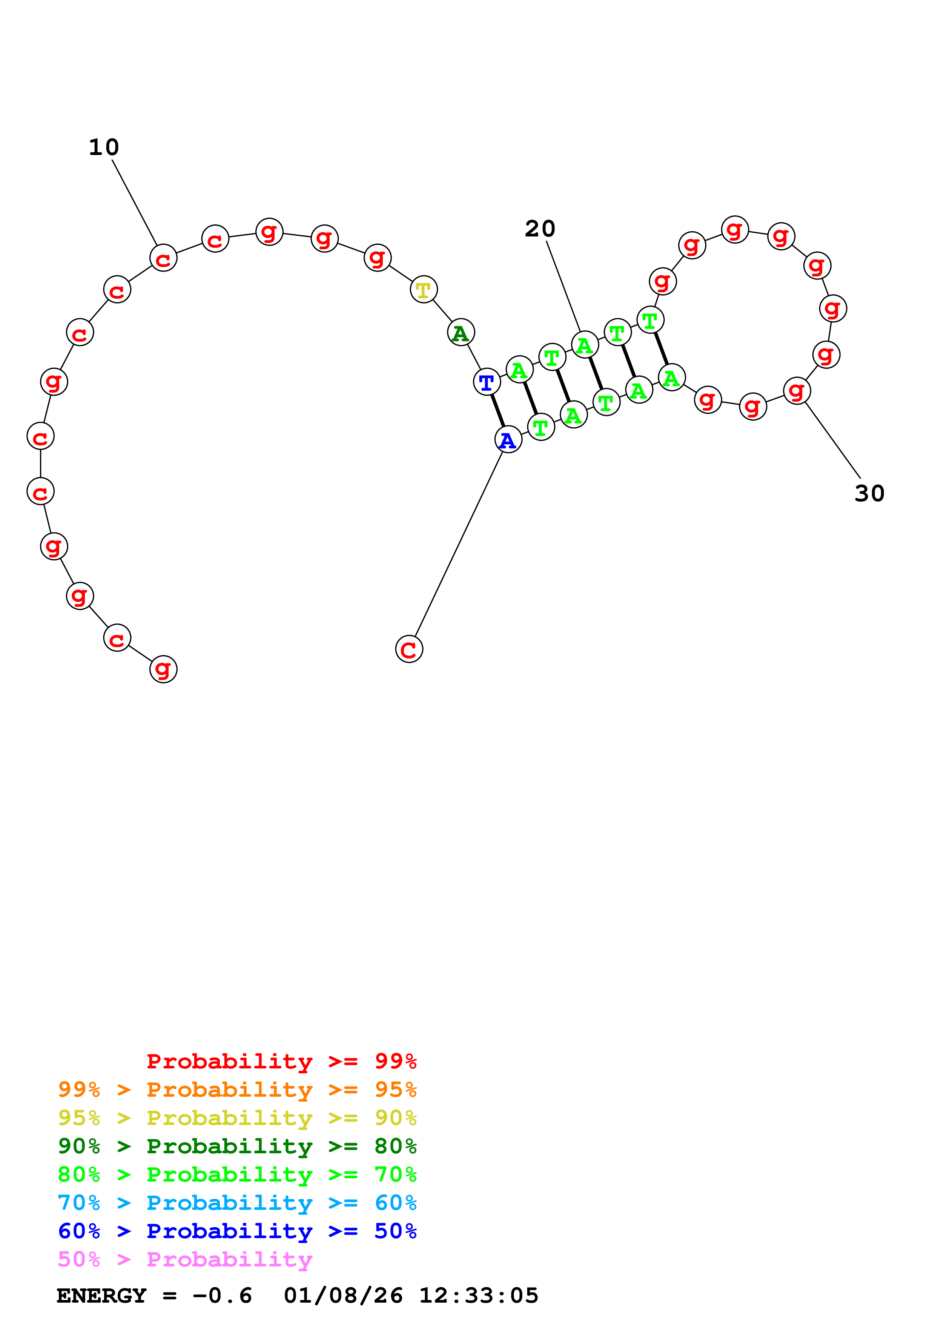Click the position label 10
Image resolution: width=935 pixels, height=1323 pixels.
click(104, 147)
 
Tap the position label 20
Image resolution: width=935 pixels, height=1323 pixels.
click(540, 229)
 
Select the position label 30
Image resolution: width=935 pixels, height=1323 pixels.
click(869, 493)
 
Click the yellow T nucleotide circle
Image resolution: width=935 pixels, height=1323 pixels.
click(424, 290)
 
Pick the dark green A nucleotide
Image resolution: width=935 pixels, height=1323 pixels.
click(461, 333)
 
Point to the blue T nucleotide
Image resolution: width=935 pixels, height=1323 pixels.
click(487, 382)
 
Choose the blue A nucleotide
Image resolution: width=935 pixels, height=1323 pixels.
click(508, 440)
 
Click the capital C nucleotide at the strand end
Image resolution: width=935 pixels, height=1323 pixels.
click(409, 649)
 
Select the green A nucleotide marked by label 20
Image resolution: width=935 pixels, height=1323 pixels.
click(585, 345)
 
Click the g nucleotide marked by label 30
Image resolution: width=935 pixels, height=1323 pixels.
click(797, 391)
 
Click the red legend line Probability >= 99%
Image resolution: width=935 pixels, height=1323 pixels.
click(282, 1061)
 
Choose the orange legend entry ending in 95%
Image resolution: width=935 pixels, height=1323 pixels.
click(237, 1090)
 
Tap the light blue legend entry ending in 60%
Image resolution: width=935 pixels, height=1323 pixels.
click(237, 1203)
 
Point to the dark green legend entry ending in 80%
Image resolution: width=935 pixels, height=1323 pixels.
click(237, 1146)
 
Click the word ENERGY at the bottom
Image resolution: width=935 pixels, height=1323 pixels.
click(101, 1295)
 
